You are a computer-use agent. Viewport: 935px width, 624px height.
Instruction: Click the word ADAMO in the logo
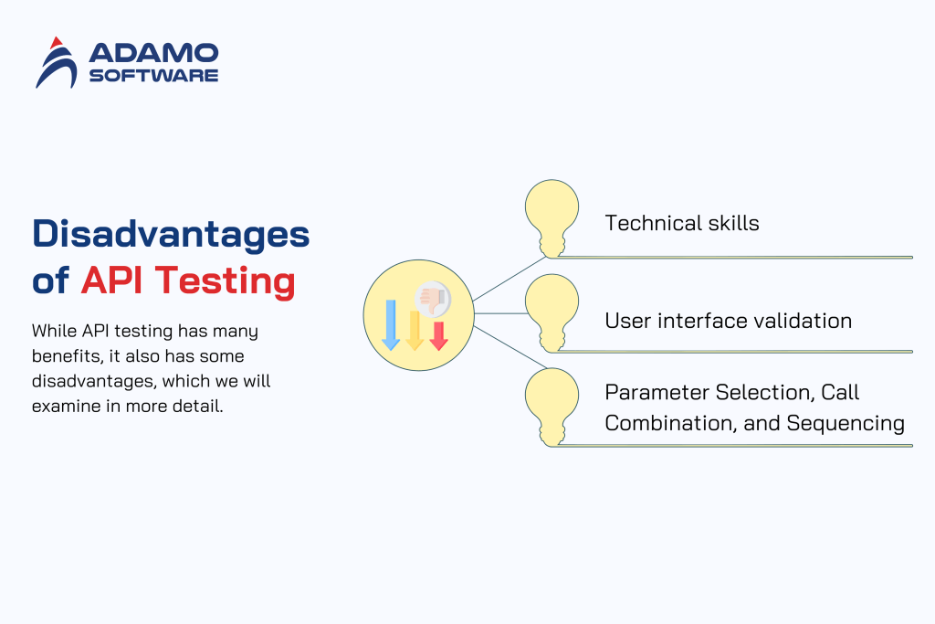point(153,52)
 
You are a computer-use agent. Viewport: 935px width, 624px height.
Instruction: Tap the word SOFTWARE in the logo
point(153,75)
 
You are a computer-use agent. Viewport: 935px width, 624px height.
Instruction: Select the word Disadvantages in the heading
point(171,234)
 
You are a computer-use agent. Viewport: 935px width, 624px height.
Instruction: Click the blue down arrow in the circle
point(390,324)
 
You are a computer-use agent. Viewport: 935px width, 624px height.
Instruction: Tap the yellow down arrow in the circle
point(414,330)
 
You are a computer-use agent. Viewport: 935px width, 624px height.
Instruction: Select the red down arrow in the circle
point(438,335)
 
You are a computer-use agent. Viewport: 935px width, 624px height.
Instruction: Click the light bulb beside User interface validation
point(552,312)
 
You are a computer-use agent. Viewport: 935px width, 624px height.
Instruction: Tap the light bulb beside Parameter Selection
point(552,406)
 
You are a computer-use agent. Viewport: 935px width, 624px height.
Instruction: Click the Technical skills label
point(681,223)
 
